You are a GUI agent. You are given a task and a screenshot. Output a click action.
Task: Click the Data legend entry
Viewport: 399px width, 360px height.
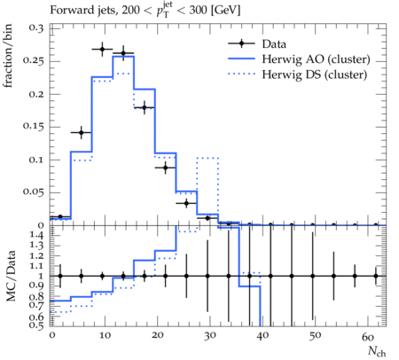pyautogui.click(x=274, y=44)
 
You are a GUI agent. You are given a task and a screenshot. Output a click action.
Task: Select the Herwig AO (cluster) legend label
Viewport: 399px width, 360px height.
pyautogui.click(x=316, y=59)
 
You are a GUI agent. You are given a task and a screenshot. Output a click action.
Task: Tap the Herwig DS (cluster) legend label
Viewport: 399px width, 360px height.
pyautogui.click(x=315, y=74)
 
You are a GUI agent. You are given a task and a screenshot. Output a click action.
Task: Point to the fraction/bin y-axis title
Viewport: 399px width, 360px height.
pyautogui.click(x=8, y=56)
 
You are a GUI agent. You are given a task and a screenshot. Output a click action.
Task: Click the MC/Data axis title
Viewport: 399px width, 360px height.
pyautogui.click(x=11, y=276)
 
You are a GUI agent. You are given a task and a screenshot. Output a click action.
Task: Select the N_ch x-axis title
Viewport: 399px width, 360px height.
pyautogui.click(x=377, y=351)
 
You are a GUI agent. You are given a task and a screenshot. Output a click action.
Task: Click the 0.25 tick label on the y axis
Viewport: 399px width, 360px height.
pyautogui.click(x=33, y=61)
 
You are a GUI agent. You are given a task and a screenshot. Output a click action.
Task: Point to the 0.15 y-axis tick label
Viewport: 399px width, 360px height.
pyautogui.click(x=33, y=127)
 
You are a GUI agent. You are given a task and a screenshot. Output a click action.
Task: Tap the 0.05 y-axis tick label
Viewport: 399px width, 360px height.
pyautogui.click(x=33, y=192)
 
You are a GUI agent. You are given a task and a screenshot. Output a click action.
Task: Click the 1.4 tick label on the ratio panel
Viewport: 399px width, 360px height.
pyautogui.click(x=36, y=236)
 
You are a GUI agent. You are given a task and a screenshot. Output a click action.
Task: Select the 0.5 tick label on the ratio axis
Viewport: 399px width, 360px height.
pyautogui.click(x=36, y=325)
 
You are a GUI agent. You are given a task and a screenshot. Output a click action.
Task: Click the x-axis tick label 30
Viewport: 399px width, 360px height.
pyautogui.click(x=210, y=336)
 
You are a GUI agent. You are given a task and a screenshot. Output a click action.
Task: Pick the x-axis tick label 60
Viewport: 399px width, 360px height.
pyautogui.click(x=368, y=336)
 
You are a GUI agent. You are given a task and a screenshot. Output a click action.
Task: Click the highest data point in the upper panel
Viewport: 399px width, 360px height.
pyautogui.click(x=102, y=49)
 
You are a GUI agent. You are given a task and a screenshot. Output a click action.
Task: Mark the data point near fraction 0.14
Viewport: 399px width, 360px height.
pyautogui.click(x=82, y=133)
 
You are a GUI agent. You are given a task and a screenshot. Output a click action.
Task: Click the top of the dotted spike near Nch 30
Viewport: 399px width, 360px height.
pyautogui.click(x=207, y=158)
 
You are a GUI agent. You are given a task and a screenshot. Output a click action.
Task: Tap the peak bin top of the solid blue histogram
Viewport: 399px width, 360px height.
pyautogui.click(x=123, y=56)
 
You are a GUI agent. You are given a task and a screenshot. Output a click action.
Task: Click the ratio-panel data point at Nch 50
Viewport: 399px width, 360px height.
pyautogui.click(x=313, y=276)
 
